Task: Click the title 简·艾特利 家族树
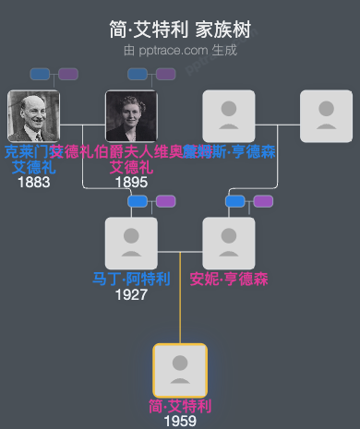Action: tap(179, 29)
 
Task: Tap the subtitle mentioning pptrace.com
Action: tap(179, 50)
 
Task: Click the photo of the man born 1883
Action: tap(33, 116)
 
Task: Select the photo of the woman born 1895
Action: tap(131, 116)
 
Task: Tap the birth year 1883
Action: tap(33, 182)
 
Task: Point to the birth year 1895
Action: tap(131, 182)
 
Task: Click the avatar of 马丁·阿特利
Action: tap(131, 244)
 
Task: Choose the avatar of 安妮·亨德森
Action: tap(229, 244)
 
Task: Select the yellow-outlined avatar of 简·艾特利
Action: tap(180, 371)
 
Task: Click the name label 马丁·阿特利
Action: tap(131, 279)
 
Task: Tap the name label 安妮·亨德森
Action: tap(229, 279)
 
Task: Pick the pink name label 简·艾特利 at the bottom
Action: tap(180, 406)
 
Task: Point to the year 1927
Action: tap(131, 294)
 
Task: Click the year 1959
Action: tap(180, 421)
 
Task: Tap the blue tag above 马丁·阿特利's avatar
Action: tap(138, 201)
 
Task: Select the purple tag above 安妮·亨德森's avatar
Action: tap(263, 201)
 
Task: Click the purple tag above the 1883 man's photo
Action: tap(68, 74)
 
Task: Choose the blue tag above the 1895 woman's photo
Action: tap(138, 74)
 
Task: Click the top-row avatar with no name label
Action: tap(327, 116)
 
